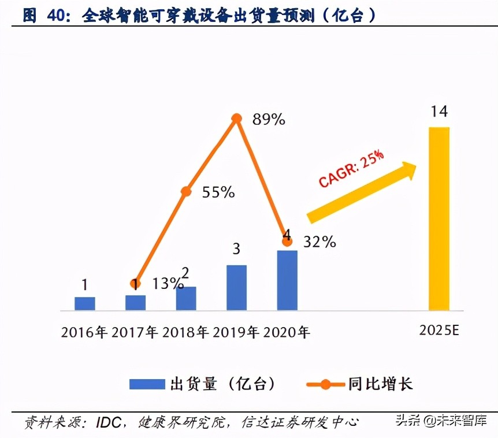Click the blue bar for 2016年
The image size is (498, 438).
click(84, 303)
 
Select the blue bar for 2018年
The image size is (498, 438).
click(186, 298)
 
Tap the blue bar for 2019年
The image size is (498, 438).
click(236, 287)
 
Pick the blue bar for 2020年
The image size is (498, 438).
click(287, 280)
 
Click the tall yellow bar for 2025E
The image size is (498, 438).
click(438, 219)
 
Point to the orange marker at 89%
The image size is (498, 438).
click(236, 118)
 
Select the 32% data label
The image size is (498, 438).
click(319, 242)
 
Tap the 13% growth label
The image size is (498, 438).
click(168, 284)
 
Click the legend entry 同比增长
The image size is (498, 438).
click(380, 384)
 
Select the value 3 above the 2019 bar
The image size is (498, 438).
click(236, 250)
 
